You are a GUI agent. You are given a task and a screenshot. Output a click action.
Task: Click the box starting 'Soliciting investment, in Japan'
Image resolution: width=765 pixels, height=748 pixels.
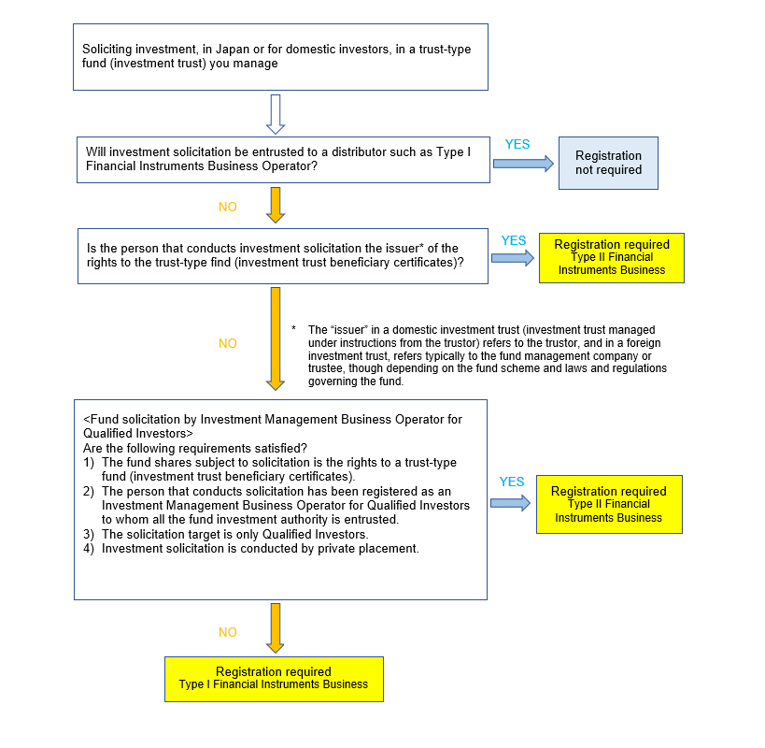[280, 56]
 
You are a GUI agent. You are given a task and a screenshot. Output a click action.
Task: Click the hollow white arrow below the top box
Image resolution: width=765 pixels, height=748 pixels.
[275, 113]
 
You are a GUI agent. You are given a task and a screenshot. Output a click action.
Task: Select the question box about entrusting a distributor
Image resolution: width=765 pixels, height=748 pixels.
[282, 159]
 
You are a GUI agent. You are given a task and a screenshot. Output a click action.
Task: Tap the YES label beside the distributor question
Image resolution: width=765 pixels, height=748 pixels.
[517, 145]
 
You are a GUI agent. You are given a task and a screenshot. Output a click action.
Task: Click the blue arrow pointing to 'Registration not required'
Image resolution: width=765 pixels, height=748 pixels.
[522, 164]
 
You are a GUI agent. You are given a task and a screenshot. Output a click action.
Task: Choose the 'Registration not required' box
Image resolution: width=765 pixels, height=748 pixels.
[608, 163]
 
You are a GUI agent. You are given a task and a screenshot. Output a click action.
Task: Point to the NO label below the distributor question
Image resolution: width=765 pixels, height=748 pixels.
[228, 207]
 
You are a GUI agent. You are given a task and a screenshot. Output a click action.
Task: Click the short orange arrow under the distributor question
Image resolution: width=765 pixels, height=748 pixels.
[275, 205]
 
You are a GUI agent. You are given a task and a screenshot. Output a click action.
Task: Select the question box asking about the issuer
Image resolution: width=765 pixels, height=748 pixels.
[282, 255]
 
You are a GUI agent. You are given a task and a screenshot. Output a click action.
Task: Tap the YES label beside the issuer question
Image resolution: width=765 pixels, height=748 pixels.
[514, 240]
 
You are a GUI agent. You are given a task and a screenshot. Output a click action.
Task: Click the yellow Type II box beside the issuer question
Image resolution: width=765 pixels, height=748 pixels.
[611, 257]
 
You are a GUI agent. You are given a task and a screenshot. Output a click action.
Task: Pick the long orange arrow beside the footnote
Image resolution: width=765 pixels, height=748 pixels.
[275, 338]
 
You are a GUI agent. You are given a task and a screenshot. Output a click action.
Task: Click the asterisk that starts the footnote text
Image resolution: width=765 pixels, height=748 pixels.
[293, 330]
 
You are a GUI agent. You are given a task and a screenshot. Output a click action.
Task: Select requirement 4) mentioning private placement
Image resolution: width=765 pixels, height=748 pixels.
[260, 548]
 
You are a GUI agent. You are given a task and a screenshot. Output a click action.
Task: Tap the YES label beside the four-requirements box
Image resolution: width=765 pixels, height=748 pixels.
[512, 482]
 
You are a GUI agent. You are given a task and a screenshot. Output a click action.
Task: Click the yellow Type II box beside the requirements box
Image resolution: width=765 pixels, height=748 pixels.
[609, 504]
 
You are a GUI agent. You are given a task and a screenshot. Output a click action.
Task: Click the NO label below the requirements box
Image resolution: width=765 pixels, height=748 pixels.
[228, 633]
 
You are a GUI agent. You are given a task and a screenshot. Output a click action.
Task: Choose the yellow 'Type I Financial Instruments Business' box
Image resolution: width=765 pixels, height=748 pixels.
[274, 678]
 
